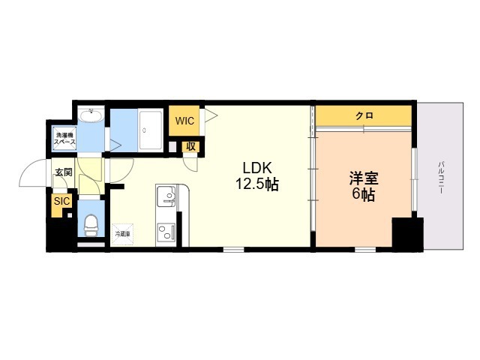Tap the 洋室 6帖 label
tap(362, 186)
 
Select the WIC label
tap(184, 121)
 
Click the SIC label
tap(60, 200)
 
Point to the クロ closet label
tap(364, 115)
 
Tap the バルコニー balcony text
tap(442, 177)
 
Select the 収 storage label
tap(191, 146)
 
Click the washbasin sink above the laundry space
tap(91, 115)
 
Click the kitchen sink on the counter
tap(166, 197)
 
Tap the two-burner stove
tap(166, 230)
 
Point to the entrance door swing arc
tap(34, 174)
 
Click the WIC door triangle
tap(210, 115)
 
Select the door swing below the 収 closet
tap(190, 160)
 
